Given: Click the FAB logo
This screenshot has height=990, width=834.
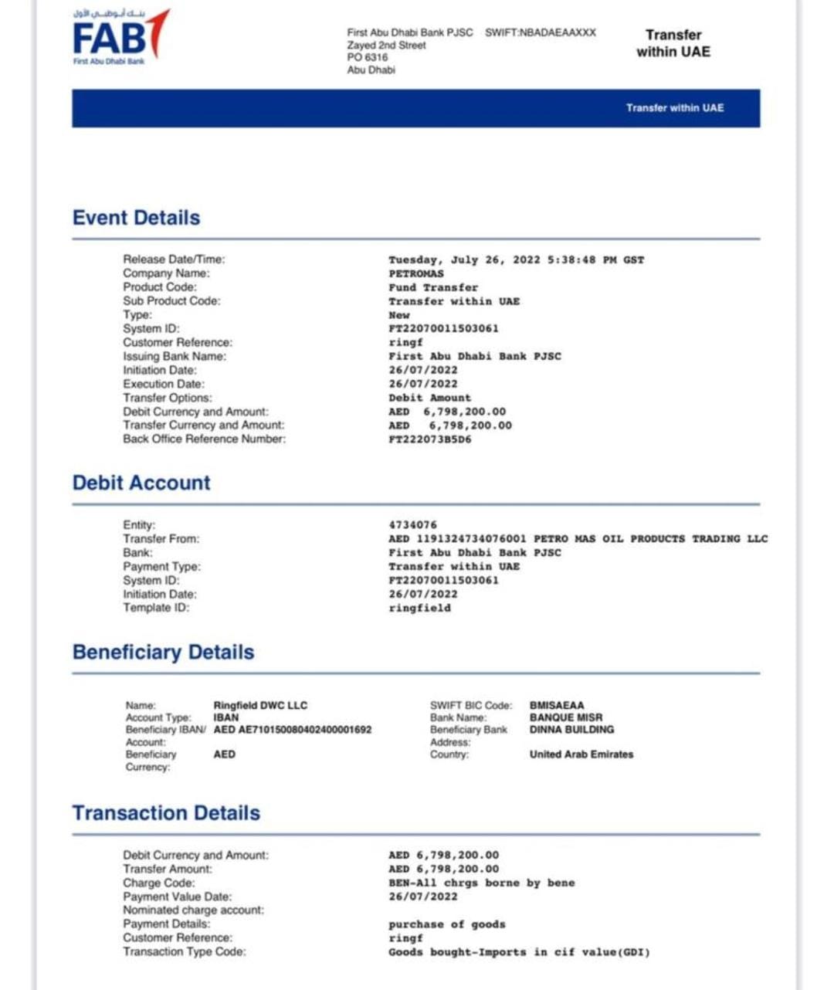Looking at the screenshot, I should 120,36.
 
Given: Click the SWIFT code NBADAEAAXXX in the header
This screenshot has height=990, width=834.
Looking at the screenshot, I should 541,32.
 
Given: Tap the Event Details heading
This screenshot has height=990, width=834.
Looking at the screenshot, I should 136,218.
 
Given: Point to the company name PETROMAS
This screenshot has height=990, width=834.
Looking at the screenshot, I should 416,274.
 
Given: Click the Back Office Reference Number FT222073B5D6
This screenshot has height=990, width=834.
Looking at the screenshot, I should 429,439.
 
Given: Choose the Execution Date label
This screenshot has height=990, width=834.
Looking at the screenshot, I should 164,384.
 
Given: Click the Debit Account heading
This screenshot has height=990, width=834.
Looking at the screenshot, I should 141,483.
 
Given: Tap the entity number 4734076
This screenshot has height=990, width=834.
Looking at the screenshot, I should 412,525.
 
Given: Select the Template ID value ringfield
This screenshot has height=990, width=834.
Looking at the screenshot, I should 419,609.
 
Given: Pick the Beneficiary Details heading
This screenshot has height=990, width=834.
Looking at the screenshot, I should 163,652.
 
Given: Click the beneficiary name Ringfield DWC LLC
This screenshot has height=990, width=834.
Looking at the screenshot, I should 260,705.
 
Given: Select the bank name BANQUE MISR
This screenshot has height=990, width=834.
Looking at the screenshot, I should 566,717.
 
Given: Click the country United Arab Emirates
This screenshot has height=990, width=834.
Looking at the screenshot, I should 581,754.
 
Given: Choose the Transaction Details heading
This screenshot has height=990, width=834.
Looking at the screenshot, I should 166,812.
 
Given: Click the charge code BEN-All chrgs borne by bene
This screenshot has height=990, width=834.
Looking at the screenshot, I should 482,883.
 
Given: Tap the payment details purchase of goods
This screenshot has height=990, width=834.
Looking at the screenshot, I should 447,924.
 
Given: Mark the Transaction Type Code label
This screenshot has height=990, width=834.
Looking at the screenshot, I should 185,952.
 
